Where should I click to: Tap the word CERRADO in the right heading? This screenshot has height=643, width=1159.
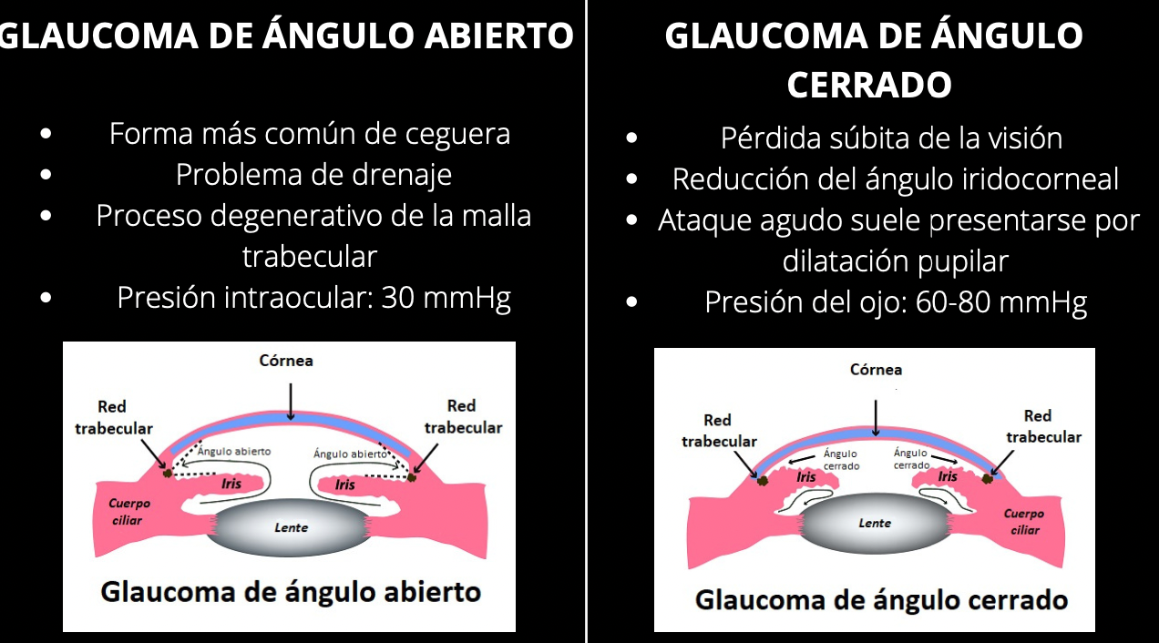(868, 86)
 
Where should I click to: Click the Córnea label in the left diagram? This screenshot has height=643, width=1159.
(286, 361)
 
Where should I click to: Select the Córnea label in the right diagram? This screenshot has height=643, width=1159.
(876, 370)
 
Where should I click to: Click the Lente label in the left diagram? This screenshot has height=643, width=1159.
(292, 527)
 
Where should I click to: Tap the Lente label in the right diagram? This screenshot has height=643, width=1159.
(875, 524)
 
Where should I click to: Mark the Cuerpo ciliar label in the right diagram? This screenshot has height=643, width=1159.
(1024, 522)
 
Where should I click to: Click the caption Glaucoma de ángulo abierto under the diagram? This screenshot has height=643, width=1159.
(290, 592)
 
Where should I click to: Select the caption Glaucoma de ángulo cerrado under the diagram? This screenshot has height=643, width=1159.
(881, 600)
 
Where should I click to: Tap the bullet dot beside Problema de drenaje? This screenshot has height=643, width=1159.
(46, 174)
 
